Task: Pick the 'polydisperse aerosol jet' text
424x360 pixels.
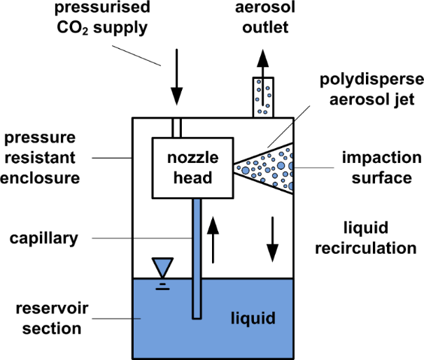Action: pyautogui.click(x=368, y=89)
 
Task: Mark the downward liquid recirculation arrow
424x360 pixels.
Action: pyautogui.click(x=274, y=238)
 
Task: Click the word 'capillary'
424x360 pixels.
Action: pyautogui.click(x=45, y=238)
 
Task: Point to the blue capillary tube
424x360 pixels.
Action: pyautogui.click(x=197, y=259)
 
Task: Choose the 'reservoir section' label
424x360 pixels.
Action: pyautogui.click(x=43, y=319)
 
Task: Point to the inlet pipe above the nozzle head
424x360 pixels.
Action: pyautogui.click(x=176, y=128)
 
